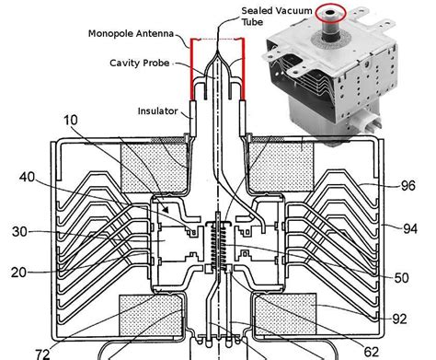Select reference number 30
19,232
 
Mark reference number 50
402,277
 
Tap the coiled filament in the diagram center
219,246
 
